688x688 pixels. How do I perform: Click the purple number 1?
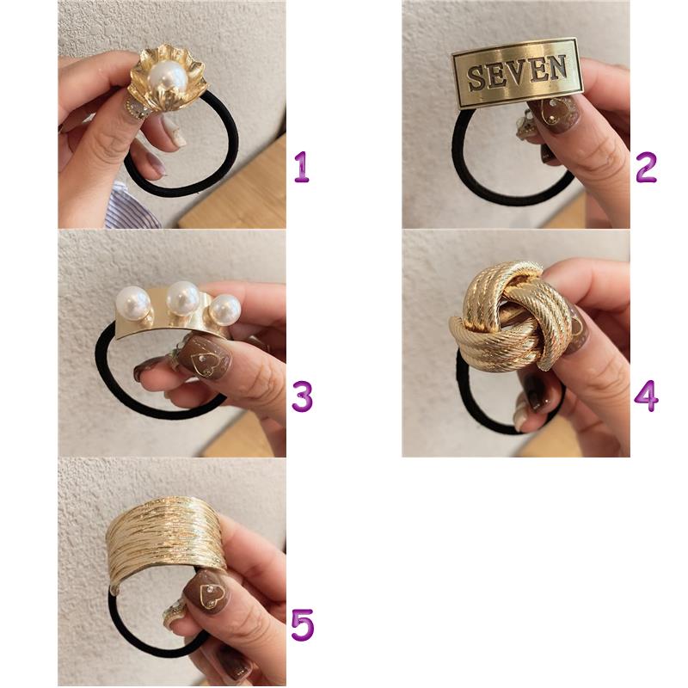point(302,167)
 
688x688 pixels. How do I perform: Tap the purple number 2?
point(646,168)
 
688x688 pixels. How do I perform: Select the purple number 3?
point(303,396)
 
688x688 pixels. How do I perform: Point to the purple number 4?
point(647,396)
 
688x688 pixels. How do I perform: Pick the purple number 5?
point(303,624)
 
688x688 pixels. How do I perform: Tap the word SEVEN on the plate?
point(517,73)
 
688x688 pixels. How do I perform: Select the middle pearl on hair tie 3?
point(183,298)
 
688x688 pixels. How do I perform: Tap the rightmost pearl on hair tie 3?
point(224,310)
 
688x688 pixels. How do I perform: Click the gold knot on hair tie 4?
point(512,316)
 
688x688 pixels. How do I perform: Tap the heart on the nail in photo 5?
point(210,595)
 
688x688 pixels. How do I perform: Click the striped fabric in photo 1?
point(128,206)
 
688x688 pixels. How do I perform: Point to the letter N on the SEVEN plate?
point(556,68)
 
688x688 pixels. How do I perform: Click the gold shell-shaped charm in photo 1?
point(166,80)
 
